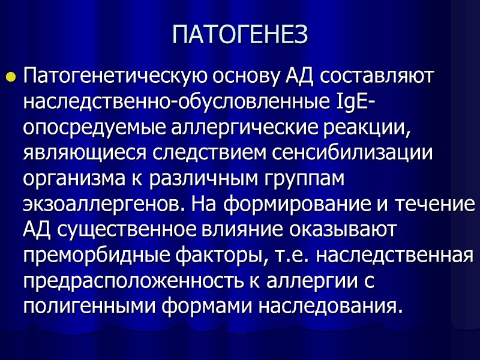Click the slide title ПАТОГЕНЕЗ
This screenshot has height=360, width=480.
click(240, 35)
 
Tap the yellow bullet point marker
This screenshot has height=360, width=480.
click(10, 77)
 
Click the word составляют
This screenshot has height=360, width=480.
click(379, 77)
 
